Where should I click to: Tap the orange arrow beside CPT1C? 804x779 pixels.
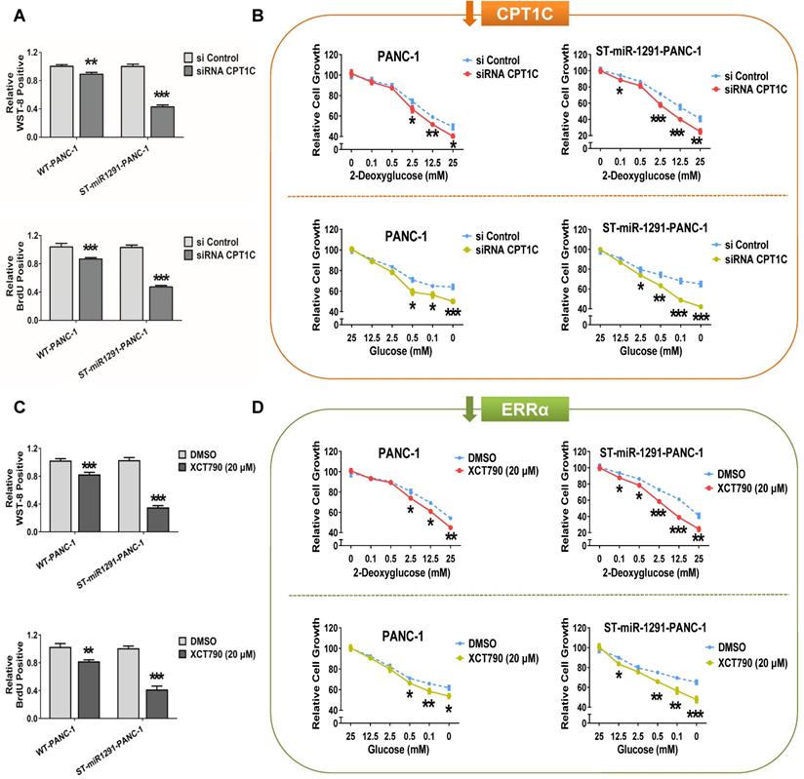[467, 13]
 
